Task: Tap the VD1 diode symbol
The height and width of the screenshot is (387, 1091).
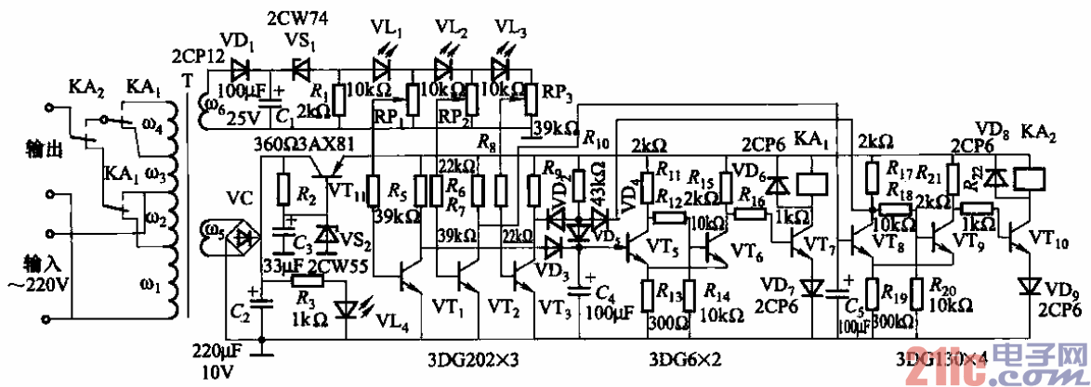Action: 244,68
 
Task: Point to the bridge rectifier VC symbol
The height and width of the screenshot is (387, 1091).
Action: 245,238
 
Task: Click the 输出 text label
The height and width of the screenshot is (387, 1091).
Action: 22,150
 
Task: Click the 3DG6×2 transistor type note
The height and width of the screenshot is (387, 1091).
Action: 685,357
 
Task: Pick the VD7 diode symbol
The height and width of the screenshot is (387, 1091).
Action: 813,288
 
